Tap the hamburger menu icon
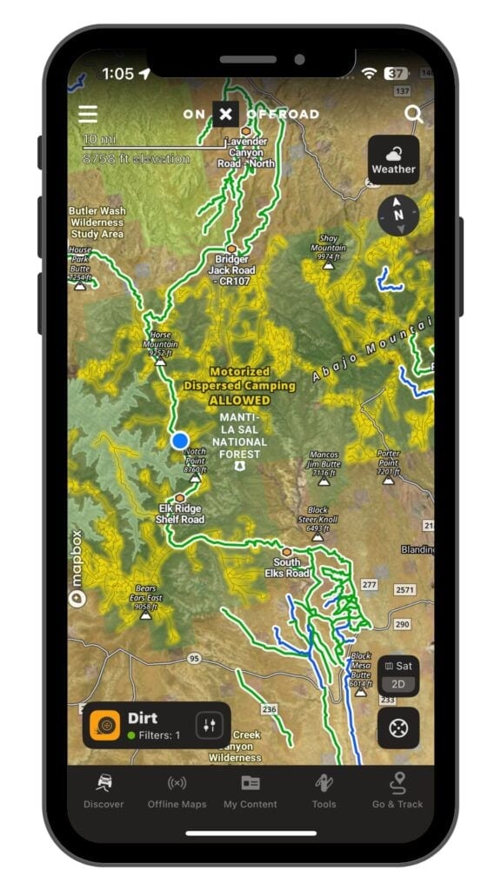point(88,115)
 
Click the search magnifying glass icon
point(413,114)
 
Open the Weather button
point(394,159)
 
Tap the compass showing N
point(397,215)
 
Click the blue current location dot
point(180,441)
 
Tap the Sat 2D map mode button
point(398,674)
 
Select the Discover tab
point(104,791)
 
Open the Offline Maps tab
point(177,791)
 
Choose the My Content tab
point(250,791)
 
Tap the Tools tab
point(324,791)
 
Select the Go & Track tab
point(397,791)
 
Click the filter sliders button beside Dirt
point(209,726)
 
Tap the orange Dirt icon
point(105,726)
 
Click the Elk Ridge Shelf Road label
point(180,514)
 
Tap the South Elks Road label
point(286,568)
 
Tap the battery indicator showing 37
point(396,74)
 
